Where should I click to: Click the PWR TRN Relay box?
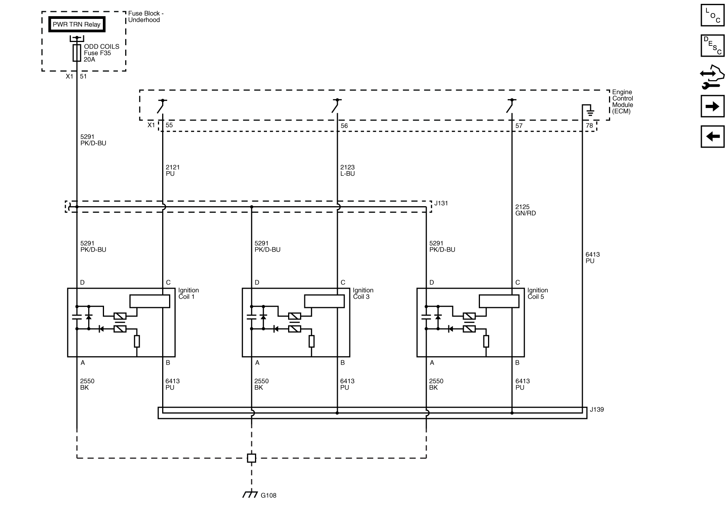coord(77,25)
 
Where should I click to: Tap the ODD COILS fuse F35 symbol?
coord(77,53)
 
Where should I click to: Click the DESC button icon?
coord(712,45)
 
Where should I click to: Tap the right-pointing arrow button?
coord(712,106)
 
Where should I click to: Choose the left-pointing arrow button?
coord(712,136)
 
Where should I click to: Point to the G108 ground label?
coord(268,495)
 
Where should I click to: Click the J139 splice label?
coord(597,409)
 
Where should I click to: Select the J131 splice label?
coord(441,203)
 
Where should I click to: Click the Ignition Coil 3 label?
coord(363,293)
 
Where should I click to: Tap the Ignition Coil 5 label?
coord(537,293)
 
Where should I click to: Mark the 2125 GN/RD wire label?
coord(525,210)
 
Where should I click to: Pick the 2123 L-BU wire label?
coord(347,170)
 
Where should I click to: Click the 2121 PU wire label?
coord(173,170)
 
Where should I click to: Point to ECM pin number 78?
coord(589,126)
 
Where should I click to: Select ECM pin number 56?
coord(344,126)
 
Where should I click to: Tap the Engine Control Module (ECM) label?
coord(622,102)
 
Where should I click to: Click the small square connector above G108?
coord(251,458)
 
